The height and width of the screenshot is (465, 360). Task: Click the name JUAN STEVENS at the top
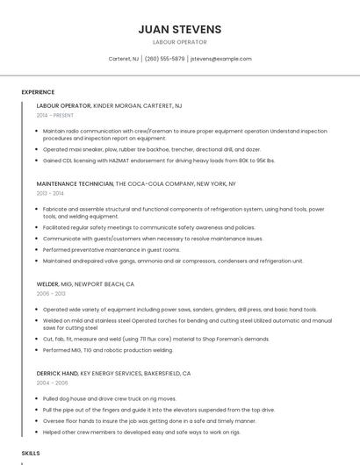[179, 29]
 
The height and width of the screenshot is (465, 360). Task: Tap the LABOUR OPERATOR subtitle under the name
[179, 42]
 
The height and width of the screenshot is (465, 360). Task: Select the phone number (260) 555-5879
[164, 59]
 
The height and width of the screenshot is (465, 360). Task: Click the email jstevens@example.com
[220, 59]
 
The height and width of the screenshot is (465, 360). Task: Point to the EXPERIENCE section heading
[38, 91]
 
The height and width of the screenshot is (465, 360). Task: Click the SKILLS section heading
[31, 453]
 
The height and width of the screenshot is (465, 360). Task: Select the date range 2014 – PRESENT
[55, 115]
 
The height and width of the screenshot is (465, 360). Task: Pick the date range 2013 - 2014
[50, 193]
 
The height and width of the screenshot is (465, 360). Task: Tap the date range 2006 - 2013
[51, 294]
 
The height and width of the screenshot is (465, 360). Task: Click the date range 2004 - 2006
[51, 383]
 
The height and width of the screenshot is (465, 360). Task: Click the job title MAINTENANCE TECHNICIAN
[75, 184]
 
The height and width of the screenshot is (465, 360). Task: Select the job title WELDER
[47, 284]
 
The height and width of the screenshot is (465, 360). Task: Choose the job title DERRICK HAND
[56, 373]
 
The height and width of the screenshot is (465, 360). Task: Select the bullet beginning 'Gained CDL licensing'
[159, 161]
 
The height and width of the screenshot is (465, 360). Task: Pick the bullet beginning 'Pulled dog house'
[110, 398]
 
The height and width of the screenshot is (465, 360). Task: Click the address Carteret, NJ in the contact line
[123, 59]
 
